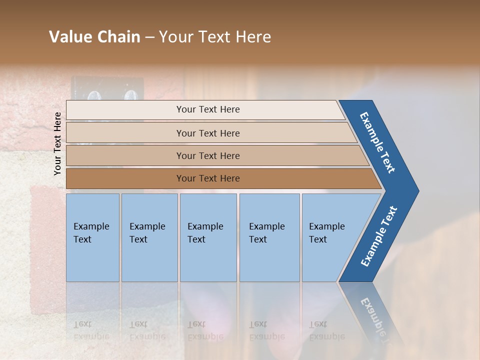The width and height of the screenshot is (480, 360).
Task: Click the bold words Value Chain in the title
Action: tap(94, 37)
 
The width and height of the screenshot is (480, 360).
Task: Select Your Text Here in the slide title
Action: tap(215, 37)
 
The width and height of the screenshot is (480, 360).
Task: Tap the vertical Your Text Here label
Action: tap(57, 143)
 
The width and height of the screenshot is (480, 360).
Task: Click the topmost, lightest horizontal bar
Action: tap(207, 109)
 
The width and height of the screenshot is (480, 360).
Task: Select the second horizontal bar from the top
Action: tap(207, 133)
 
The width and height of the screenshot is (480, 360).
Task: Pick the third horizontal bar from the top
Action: tap(207, 155)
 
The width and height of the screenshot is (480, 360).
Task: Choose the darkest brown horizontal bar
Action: tap(207, 178)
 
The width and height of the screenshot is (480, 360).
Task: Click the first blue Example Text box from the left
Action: tap(92, 237)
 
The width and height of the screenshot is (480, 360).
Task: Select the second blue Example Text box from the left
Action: tap(149, 237)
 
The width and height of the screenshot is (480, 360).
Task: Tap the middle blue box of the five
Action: tap(208, 237)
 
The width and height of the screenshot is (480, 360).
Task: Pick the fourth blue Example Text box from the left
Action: tap(269, 237)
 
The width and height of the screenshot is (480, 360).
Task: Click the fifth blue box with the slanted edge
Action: tap(330, 237)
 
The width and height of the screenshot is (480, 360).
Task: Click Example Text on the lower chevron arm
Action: tap(379, 236)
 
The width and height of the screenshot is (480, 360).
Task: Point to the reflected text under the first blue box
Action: tap(91, 330)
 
